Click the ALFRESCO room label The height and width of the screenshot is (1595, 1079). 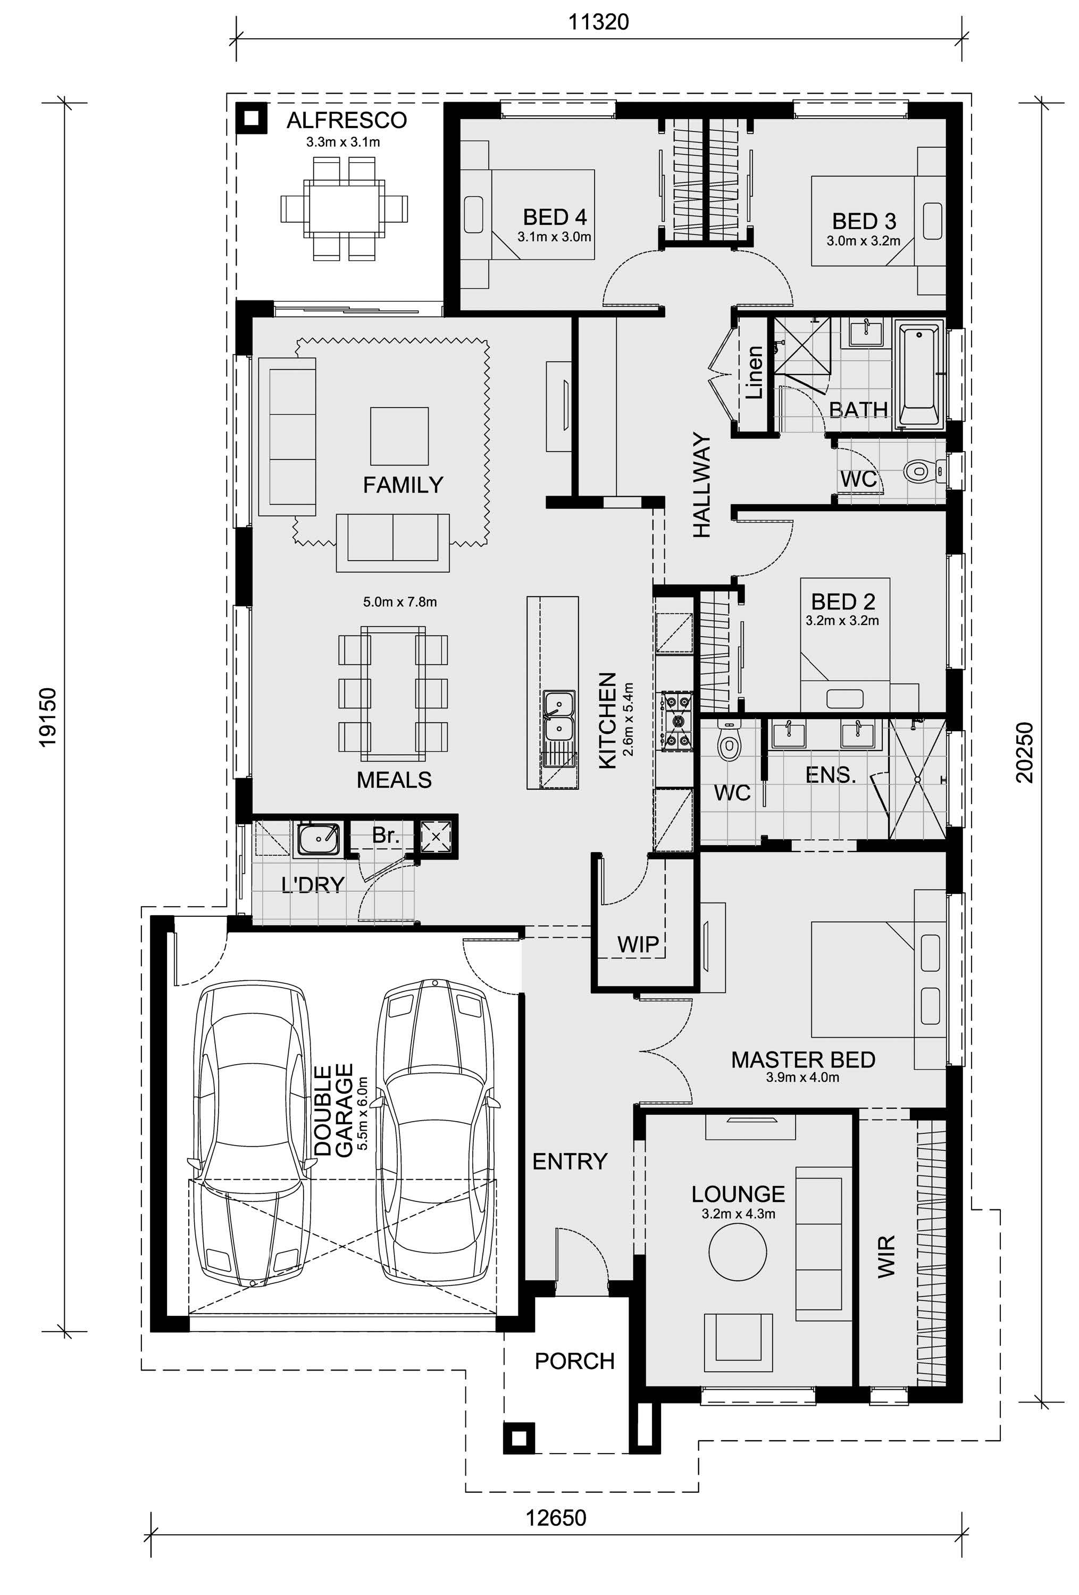[347, 120]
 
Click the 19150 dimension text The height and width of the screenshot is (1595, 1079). [48, 717]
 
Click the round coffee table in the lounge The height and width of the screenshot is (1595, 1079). [737, 1250]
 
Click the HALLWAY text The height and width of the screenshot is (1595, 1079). [701, 485]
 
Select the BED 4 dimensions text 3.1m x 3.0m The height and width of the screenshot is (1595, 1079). [554, 237]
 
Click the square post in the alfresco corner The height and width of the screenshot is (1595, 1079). [251, 119]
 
